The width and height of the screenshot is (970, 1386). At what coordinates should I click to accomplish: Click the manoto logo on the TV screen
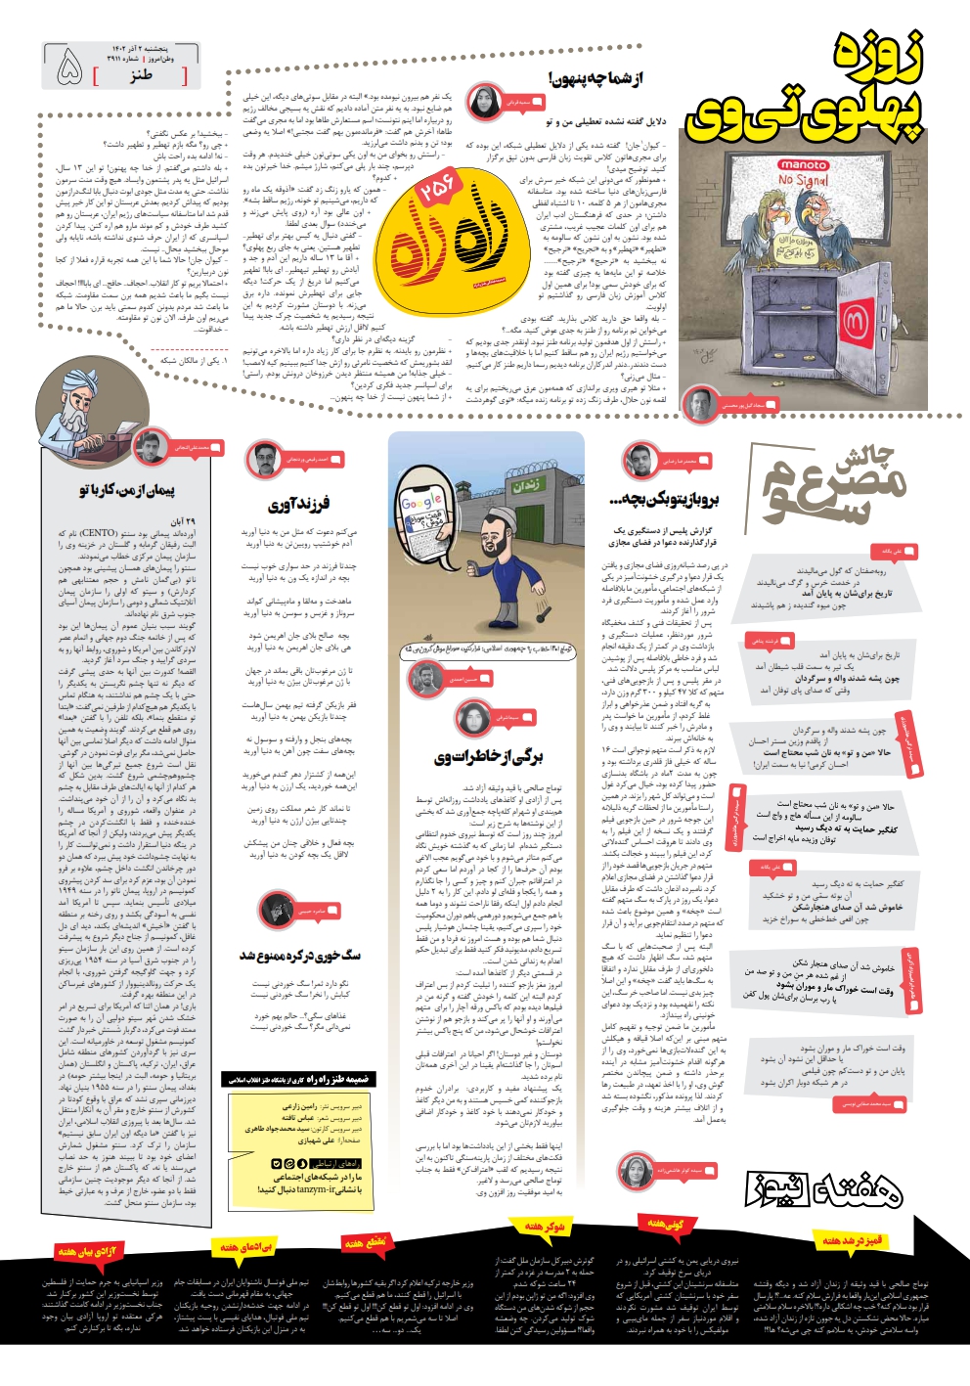(x=802, y=165)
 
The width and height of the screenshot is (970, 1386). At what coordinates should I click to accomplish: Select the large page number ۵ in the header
(x=70, y=68)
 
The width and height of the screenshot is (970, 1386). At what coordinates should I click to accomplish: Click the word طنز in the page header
(x=141, y=73)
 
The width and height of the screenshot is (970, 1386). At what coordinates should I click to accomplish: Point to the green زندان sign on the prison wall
(x=526, y=484)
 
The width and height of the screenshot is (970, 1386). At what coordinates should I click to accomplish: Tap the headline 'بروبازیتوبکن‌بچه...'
(x=665, y=500)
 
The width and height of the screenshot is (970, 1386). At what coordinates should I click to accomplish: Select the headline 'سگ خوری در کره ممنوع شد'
(x=300, y=955)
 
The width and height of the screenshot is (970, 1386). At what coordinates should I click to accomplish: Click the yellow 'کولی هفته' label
(x=665, y=1224)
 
